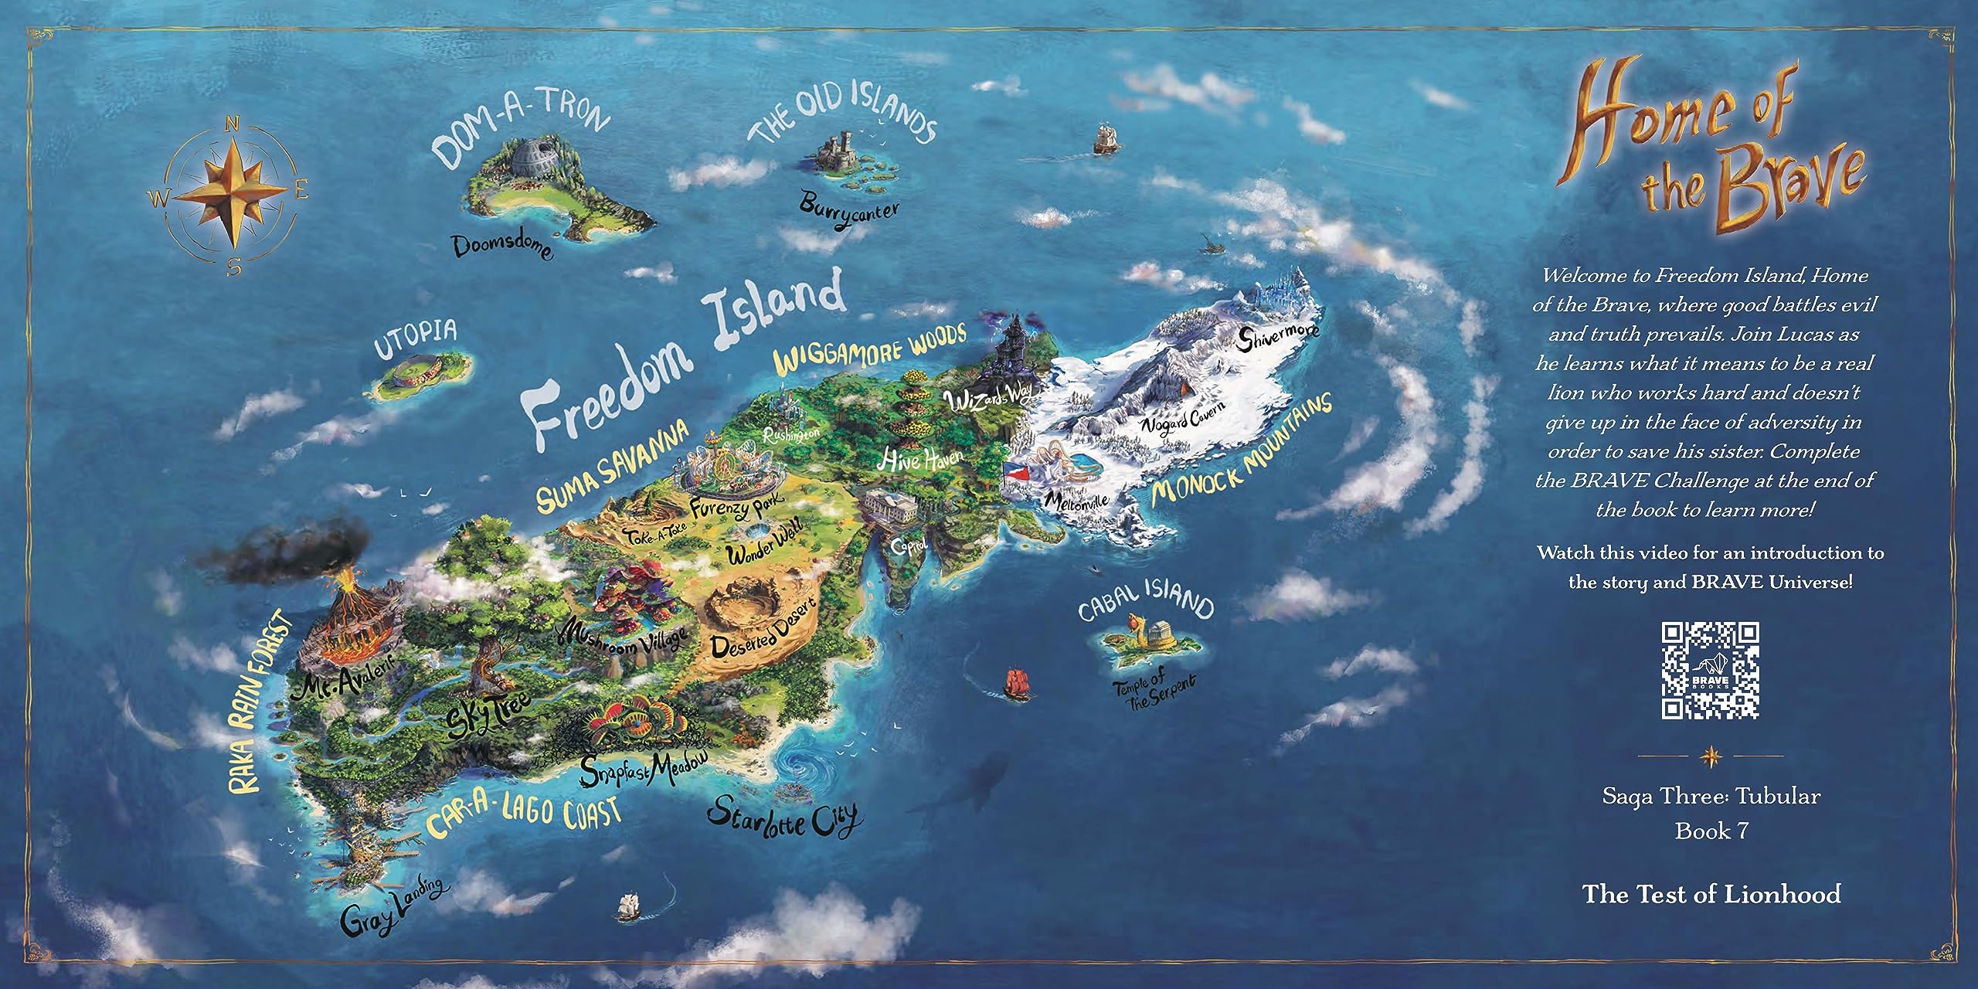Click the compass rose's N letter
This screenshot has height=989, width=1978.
coord(231,125)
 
